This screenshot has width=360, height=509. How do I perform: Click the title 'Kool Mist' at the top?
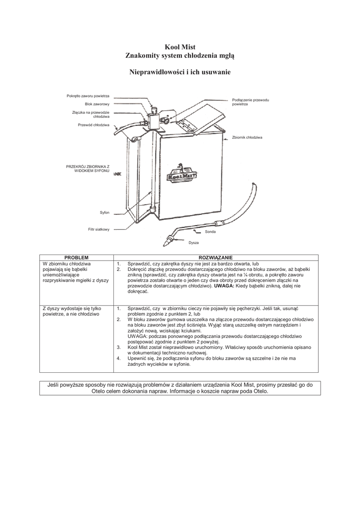tap(180, 47)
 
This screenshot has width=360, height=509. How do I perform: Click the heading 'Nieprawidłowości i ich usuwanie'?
tap(180, 72)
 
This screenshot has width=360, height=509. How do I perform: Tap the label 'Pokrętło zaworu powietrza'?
tap(88, 95)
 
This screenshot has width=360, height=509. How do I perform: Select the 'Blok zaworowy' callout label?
tap(97, 104)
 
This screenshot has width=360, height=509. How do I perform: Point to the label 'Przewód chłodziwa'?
tap(93, 125)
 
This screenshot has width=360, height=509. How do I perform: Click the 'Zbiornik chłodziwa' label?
tap(247, 137)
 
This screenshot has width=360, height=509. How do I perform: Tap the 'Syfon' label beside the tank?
tap(104, 212)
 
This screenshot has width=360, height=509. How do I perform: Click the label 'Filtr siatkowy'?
tap(98, 229)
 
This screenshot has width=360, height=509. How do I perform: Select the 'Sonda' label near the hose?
tap(210, 232)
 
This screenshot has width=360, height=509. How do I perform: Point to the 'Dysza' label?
tap(193, 243)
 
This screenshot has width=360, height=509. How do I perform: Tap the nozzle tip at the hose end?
tap(164, 242)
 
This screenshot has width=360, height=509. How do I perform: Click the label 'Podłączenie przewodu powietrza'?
tap(250, 102)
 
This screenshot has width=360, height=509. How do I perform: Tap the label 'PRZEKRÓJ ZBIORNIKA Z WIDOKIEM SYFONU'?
tap(88, 168)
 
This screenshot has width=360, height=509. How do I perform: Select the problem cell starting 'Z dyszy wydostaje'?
tap(72, 312)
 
